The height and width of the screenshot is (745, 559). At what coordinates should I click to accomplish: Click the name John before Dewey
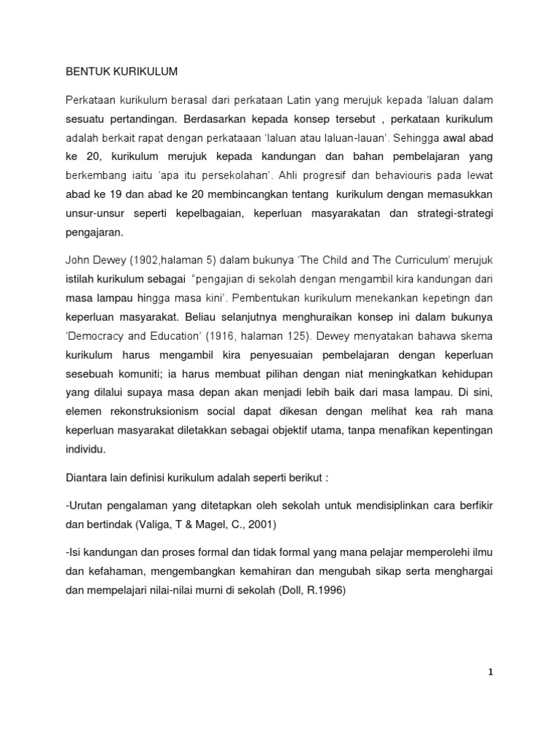click(x=79, y=260)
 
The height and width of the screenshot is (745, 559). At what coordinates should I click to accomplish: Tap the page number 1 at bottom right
click(x=491, y=672)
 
